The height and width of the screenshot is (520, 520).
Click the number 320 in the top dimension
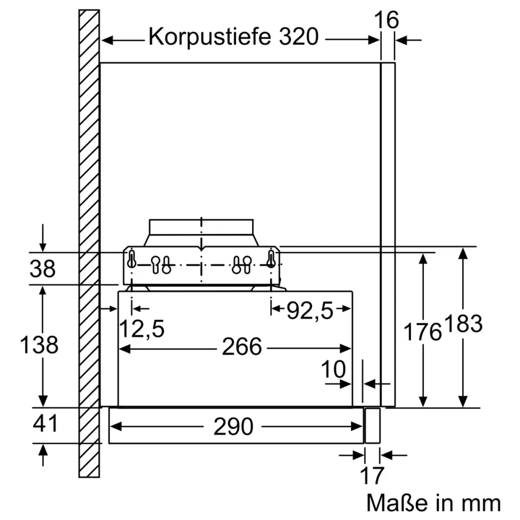pos(294,37)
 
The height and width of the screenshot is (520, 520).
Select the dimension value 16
pos(386,20)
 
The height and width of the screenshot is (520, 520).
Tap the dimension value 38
pos(42,269)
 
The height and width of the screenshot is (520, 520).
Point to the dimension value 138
pos(39,345)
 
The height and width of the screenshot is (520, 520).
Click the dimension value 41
pos(45,424)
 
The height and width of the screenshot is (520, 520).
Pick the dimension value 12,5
pos(142,329)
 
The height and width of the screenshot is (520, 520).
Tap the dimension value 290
pos(233,427)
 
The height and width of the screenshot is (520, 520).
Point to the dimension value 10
pos(333,370)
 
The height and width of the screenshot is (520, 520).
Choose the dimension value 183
pos(463,324)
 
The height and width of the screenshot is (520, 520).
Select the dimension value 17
pos(372,476)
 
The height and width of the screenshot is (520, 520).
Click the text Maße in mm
pos(433,503)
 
